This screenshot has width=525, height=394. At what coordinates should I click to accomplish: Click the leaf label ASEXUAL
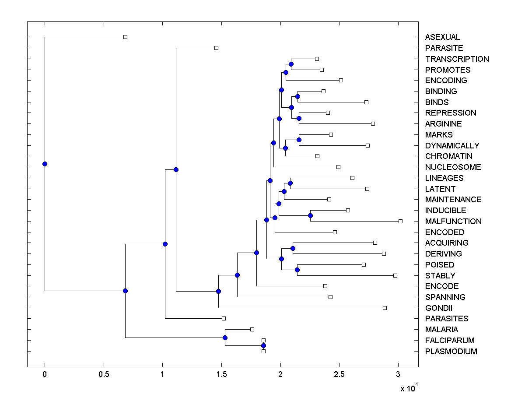(x=442, y=37)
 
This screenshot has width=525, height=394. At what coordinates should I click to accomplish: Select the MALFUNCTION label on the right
(x=453, y=222)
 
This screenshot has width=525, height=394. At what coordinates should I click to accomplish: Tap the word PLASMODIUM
(x=451, y=352)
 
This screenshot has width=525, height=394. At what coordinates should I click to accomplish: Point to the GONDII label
(x=438, y=308)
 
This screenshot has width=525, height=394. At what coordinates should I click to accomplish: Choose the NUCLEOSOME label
(x=453, y=167)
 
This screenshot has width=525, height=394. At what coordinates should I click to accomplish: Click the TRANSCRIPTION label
(x=457, y=59)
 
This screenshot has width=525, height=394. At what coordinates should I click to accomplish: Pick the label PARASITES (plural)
(x=447, y=319)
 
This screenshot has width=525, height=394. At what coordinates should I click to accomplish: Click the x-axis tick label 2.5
(x=339, y=374)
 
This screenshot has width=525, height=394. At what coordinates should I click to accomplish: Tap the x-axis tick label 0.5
(x=104, y=374)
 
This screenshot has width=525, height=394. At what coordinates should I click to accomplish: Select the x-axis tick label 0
(x=45, y=374)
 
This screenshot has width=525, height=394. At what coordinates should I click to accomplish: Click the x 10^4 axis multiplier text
(x=409, y=388)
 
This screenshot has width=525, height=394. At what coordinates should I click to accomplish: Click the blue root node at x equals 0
(x=45, y=164)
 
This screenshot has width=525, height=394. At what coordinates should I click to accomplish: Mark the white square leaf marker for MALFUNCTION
(x=400, y=221)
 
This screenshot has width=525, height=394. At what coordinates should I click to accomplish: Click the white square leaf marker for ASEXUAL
(x=125, y=37)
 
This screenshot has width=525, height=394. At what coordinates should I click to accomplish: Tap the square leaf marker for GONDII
(x=385, y=308)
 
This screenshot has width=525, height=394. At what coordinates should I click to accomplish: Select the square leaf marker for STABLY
(x=395, y=275)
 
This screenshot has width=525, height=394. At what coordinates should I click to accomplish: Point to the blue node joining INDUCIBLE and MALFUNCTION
(x=310, y=215)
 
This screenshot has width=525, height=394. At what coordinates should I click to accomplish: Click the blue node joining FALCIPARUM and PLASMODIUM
(x=263, y=345)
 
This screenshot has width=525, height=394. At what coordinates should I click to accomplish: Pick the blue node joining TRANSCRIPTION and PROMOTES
(x=291, y=64)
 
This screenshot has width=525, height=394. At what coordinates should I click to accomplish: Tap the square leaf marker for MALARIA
(x=252, y=329)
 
